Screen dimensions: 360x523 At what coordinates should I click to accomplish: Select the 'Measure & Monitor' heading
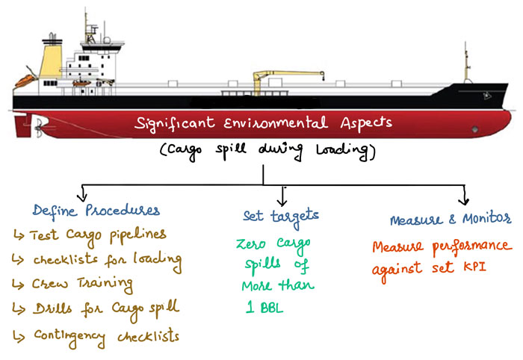[448, 220]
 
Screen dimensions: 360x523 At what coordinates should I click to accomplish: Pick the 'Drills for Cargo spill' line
[99, 309]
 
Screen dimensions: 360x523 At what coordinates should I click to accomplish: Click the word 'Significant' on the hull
[173, 123]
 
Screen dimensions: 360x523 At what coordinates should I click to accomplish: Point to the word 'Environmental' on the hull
[289, 123]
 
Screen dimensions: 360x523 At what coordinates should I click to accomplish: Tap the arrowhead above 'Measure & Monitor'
[464, 200]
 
